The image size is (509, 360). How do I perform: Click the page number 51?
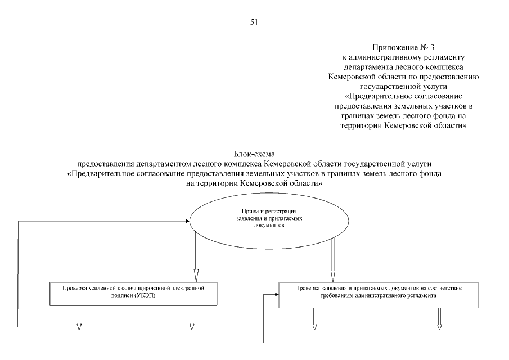pyautogui.click(x=254, y=25)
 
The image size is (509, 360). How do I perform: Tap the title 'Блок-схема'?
pyautogui.click(x=254, y=154)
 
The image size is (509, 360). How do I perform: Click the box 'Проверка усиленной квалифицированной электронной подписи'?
pyautogui.click(x=134, y=291)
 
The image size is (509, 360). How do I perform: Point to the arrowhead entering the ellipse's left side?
pyautogui.click(x=186, y=222)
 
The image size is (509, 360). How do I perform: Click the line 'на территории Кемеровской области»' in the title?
pyautogui.click(x=254, y=183)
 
